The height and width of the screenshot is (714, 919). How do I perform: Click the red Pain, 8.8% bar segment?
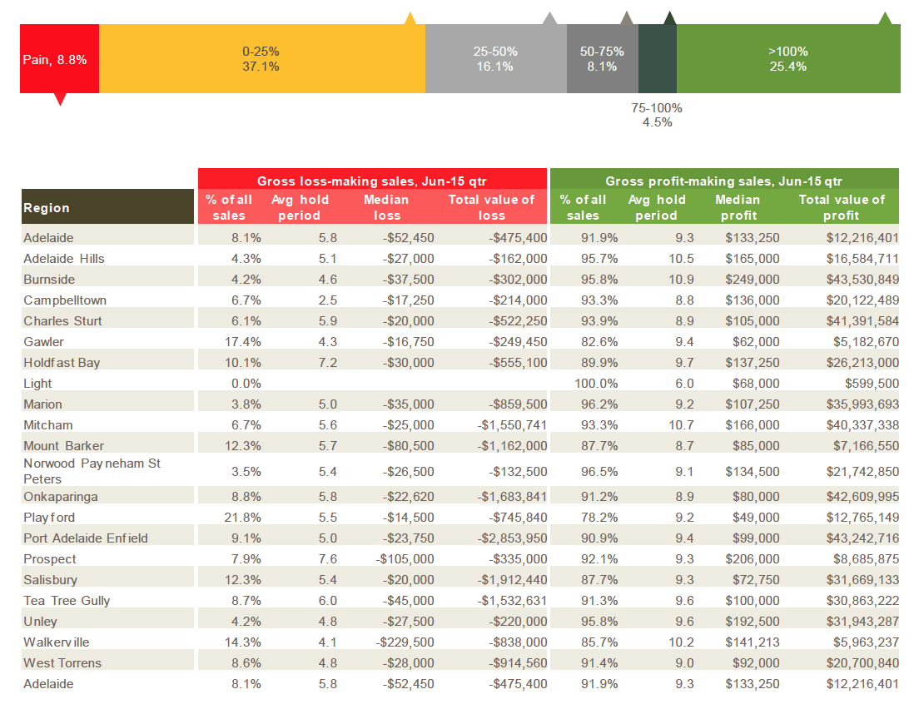tap(59, 58)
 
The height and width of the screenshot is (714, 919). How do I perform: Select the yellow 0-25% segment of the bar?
tap(262, 58)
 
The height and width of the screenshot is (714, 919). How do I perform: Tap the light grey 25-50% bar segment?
tap(496, 58)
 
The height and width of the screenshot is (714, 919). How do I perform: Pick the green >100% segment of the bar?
tap(788, 58)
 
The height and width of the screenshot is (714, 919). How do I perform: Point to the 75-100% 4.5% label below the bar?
tap(657, 115)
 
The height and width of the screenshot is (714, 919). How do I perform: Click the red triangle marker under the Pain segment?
tap(60, 99)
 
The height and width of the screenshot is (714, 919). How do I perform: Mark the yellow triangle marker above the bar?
tap(410, 18)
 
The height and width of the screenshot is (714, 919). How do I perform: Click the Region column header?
tap(47, 208)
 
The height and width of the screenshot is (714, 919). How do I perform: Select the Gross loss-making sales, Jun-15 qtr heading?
tap(371, 181)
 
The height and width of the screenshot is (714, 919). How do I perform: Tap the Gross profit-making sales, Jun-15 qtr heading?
tap(724, 181)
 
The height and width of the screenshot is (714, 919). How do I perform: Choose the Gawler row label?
tap(43, 341)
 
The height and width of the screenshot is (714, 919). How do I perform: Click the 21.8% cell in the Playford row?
tap(242, 518)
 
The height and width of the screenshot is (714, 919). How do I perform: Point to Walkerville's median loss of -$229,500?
tap(405, 642)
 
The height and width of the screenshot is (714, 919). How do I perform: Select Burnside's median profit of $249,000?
tap(753, 280)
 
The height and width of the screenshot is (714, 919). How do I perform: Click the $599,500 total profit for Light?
tap(872, 383)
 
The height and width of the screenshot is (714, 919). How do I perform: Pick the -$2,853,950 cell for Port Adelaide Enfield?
tap(512, 538)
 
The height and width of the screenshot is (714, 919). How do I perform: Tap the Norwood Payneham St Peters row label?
tap(92, 471)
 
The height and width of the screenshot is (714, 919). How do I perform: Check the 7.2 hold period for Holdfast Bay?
tap(328, 363)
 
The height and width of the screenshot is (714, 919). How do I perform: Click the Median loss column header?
tap(386, 207)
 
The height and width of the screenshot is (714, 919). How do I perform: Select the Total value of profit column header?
tap(842, 207)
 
